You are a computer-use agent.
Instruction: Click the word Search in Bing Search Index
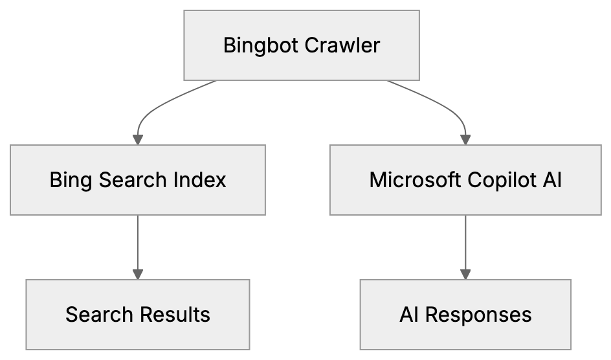click(133, 180)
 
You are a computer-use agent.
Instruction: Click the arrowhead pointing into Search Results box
click(137, 274)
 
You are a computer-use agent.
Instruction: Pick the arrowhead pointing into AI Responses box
click(465, 274)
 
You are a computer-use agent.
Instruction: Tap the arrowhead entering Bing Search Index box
click(137, 139)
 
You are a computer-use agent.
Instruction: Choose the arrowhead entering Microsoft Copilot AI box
click(465, 139)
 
